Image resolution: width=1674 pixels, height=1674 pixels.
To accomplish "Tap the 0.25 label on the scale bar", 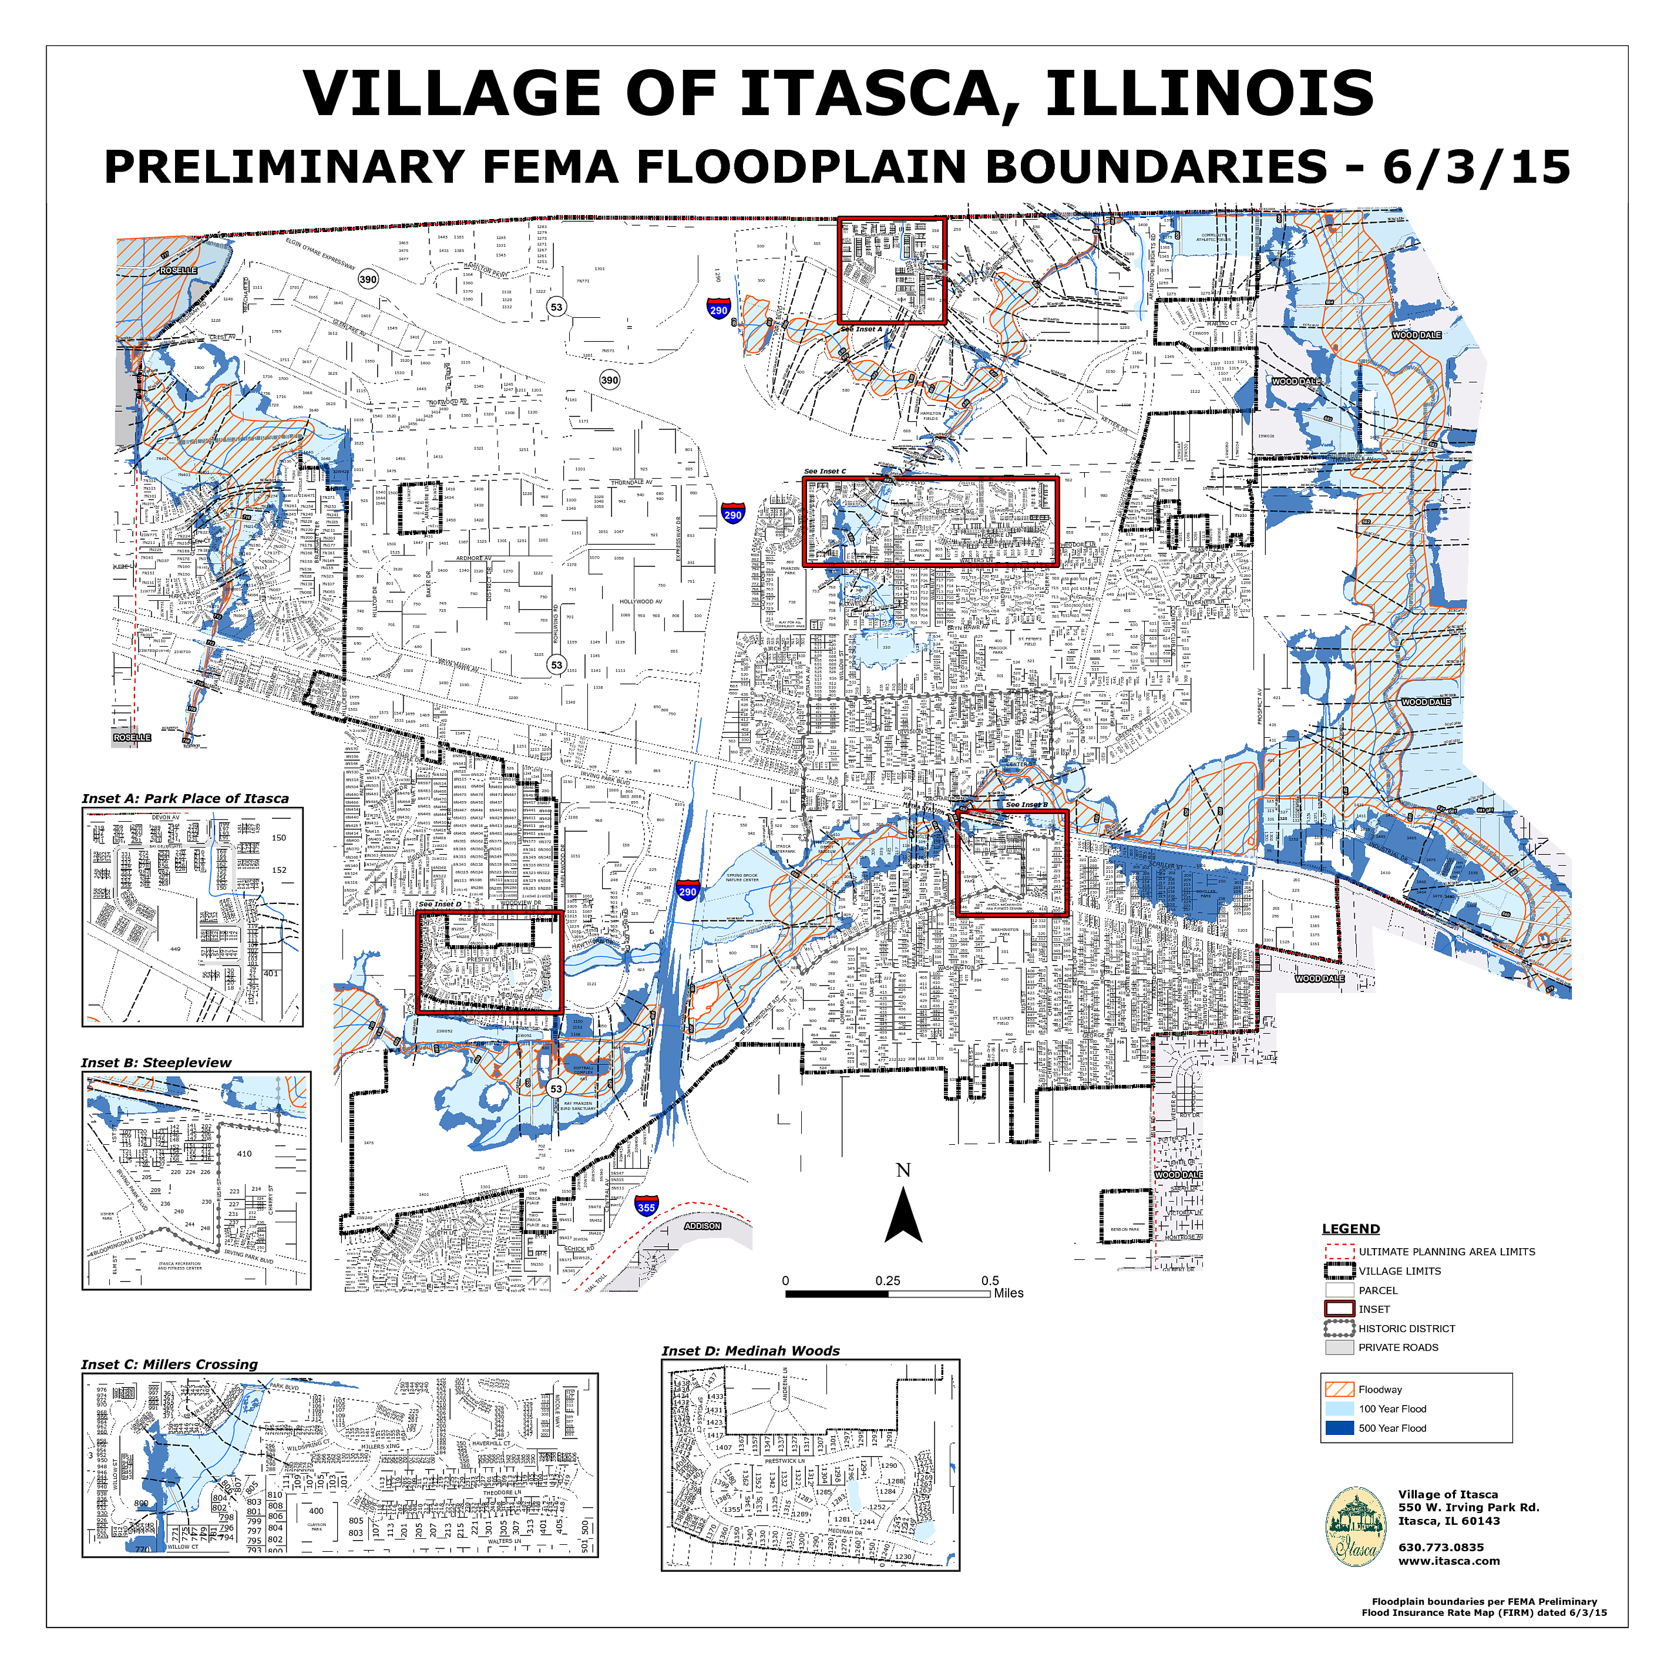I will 888,1280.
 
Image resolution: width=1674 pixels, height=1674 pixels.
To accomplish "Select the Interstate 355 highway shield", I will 646,1206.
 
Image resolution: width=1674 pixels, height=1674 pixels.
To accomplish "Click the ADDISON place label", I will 702,1226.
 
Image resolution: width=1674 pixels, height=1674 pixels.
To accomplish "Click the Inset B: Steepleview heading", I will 157,1063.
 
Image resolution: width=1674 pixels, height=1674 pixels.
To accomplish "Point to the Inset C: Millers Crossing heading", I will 170,1364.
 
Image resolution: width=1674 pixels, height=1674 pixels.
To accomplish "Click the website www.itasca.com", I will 1448,1561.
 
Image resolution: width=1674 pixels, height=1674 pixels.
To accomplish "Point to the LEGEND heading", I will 1351,1229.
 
